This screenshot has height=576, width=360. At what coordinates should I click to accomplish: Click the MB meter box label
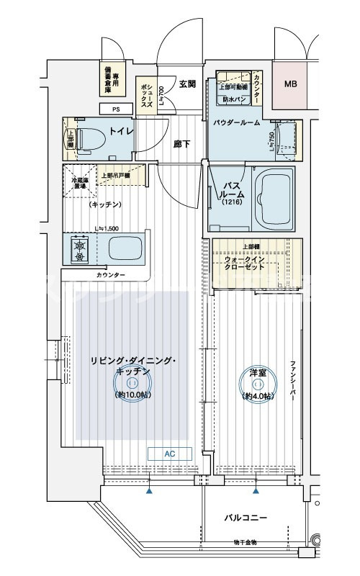[290, 84]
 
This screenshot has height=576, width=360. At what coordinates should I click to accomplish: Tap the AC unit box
[170, 454]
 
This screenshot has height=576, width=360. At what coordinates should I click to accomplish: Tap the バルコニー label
[246, 518]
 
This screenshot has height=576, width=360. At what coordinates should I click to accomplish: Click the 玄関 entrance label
[187, 84]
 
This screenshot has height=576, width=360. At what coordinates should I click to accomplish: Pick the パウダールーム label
[235, 123]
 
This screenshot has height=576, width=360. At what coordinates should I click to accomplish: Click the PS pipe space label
[116, 109]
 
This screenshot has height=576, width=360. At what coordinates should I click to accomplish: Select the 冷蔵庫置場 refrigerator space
[78, 181]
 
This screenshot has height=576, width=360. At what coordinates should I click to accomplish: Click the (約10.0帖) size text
[132, 395]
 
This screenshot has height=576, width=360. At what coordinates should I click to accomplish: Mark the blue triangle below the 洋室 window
[256, 492]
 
